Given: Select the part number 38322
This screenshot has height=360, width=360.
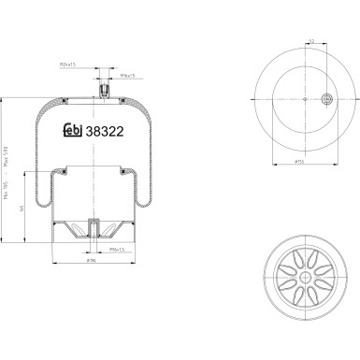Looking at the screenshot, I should (105, 133).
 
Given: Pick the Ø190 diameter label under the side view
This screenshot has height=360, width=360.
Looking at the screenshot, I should (93, 263).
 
